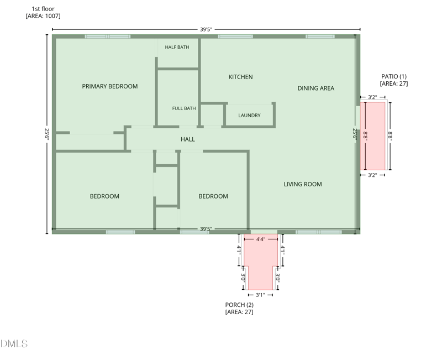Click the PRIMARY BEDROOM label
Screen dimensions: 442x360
110,86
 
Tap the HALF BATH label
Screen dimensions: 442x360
177,47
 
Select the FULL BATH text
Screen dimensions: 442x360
184,108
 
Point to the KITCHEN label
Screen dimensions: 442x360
240,77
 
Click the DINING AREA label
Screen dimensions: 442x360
316,88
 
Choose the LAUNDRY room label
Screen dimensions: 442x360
250,116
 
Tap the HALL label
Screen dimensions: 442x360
188,139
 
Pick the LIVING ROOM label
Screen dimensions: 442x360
303,184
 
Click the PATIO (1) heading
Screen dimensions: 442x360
394,76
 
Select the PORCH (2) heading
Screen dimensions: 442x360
239,305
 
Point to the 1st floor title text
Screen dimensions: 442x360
43,9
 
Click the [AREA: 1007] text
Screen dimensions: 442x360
43,16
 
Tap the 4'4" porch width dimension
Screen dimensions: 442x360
261,239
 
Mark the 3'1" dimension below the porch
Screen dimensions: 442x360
260,295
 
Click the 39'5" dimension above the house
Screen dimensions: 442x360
206,29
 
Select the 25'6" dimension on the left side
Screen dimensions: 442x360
47,134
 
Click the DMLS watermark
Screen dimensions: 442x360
14,343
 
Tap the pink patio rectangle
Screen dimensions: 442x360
372,136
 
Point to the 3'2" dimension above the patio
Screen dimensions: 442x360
372,97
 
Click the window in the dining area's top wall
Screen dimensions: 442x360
320,36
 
